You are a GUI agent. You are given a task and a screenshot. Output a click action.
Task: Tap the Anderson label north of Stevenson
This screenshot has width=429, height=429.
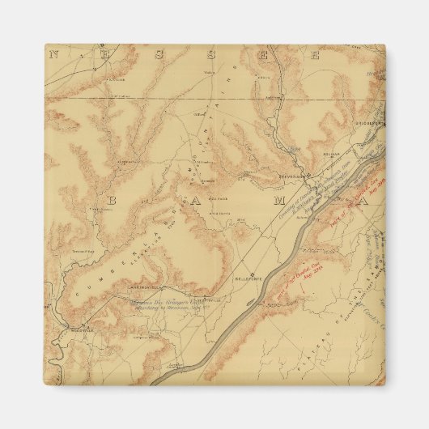tap(263, 79)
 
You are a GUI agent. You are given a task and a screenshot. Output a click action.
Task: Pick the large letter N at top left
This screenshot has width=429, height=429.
tap(55, 56)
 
